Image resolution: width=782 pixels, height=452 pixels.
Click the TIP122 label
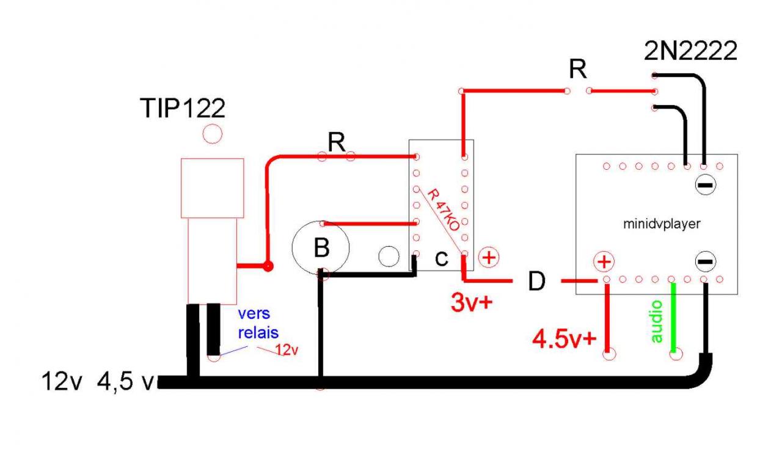(x=183, y=109)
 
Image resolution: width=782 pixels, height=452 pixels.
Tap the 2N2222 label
(x=690, y=53)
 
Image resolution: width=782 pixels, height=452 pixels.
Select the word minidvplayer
(x=662, y=224)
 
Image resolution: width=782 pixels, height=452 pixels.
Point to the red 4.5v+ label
(x=563, y=338)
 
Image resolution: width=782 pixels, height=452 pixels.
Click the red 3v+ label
(x=471, y=302)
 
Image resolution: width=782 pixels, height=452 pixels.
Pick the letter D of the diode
(x=536, y=282)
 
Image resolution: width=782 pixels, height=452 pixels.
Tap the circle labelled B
(x=321, y=247)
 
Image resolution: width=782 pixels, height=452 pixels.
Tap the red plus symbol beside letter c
(x=488, y=257)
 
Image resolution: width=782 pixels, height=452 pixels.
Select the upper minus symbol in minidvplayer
(x=704, y=184)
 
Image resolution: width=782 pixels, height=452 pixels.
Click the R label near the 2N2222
(x=577, y=70)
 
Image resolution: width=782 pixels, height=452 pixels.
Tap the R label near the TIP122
(x=335, y=142)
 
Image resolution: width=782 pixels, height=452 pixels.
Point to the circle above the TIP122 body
(x=212, y=134)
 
